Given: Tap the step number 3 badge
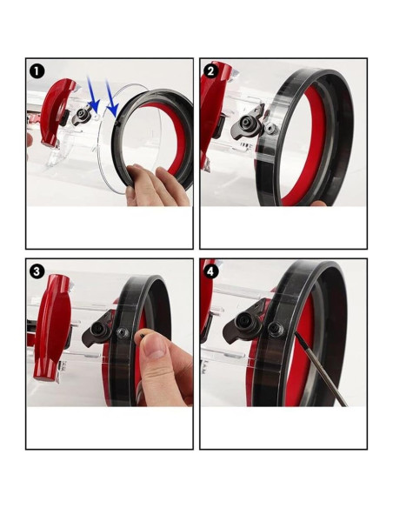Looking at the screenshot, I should pyautogui.click(x=36, y=271).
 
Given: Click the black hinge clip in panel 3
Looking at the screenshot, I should pyautogui.click(x=101, y=335).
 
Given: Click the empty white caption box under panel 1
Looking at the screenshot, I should pyautogui.click(x=110, y=229).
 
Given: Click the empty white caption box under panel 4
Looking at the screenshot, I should pyautogui.click(x=283, y=428).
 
